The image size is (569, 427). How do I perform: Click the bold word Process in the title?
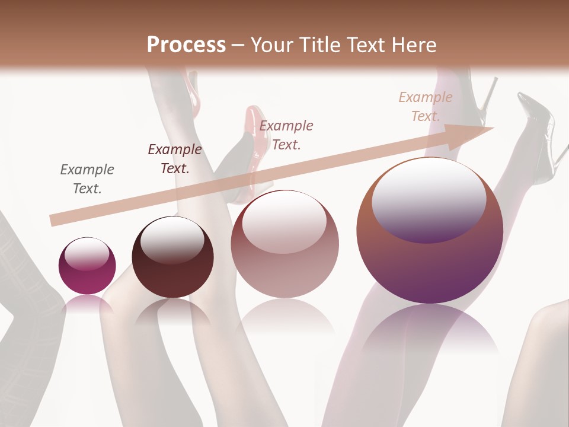click(186, 45)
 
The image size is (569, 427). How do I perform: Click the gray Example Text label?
click(87, 179)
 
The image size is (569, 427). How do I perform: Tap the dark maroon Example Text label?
click(174, 159)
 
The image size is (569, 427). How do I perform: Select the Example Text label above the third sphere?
click(286, 135)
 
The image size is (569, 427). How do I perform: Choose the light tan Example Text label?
click(425, 107)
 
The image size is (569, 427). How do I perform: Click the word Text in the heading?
click(367, 45)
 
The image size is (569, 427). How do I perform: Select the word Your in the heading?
click(270, 45)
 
